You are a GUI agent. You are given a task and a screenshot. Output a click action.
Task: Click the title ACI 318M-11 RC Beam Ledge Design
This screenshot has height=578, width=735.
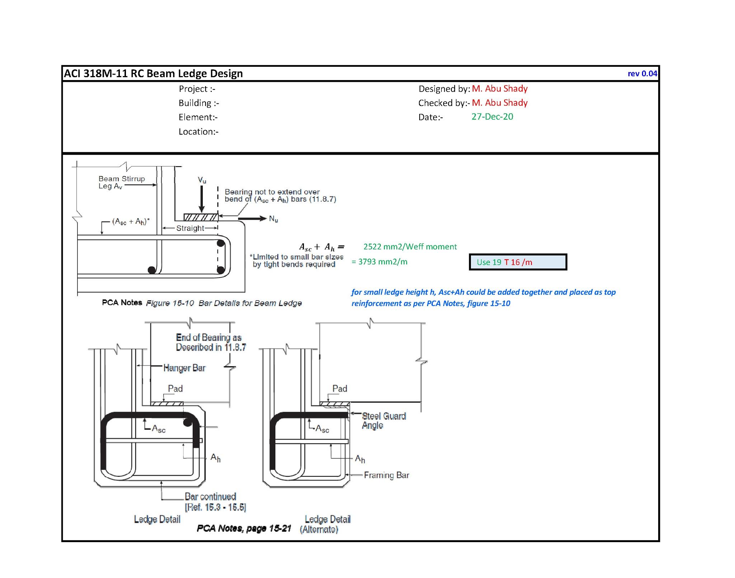coord(153,74)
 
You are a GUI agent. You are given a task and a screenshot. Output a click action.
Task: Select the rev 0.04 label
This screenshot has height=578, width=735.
coord(642,74)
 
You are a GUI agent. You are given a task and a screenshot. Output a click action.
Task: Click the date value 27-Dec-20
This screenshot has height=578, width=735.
coord(492,117)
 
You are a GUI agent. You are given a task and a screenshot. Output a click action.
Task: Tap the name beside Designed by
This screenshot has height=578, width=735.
coord(500,89)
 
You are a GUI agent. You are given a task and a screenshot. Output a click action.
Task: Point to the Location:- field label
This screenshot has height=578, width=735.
coord(198,132)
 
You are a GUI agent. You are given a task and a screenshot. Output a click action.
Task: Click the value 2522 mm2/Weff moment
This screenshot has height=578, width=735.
coord(410,247)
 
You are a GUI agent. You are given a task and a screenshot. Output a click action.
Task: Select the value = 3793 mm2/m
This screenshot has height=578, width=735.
coord(379,262)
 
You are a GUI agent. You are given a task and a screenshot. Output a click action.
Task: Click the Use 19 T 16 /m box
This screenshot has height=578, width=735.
coord(518,262)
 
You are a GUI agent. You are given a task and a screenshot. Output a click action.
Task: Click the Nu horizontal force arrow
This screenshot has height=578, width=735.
coord(252,218)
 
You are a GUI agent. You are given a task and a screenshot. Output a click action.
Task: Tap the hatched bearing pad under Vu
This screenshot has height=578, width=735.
coord(201,217)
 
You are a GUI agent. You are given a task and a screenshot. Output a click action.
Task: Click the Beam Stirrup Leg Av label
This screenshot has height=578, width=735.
coord(121,182)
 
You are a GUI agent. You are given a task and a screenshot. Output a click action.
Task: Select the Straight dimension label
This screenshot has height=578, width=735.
coord(190,228)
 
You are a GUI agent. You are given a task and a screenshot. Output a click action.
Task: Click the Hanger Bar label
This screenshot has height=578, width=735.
coord(184,368)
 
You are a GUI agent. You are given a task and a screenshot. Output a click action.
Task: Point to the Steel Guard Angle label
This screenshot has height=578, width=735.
coord(383,421)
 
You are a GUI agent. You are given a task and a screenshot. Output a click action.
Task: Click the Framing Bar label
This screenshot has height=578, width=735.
coord(386,475)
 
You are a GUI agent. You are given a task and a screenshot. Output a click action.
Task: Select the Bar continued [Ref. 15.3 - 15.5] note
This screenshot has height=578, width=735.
coord(215,502)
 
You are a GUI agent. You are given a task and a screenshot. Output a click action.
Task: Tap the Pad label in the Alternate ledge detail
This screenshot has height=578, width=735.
coord(340,389)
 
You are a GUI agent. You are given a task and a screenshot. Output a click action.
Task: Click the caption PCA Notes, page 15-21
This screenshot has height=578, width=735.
coord(244,528)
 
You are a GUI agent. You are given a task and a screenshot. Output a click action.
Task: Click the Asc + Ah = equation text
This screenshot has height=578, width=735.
coord(322,247)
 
